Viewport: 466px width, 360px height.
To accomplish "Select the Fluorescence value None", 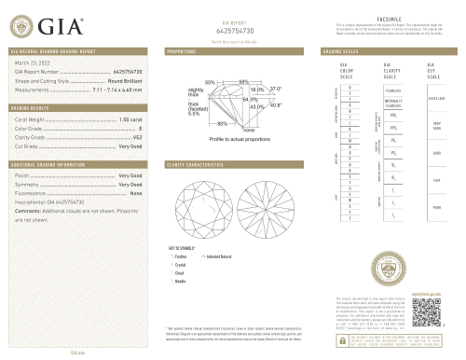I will (135, 193).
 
